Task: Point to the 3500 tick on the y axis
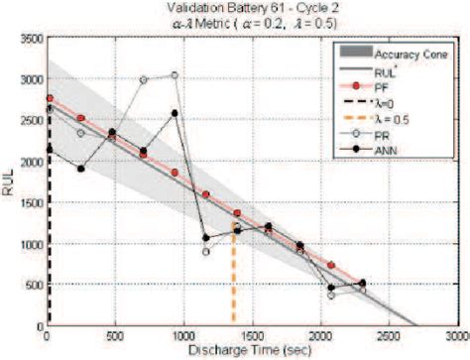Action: point(31,37)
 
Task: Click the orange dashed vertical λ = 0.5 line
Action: point(235,278)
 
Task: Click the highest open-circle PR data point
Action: point(175,74)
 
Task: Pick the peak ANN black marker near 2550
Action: point(176,113)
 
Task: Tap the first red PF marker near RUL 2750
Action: point(49,98)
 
